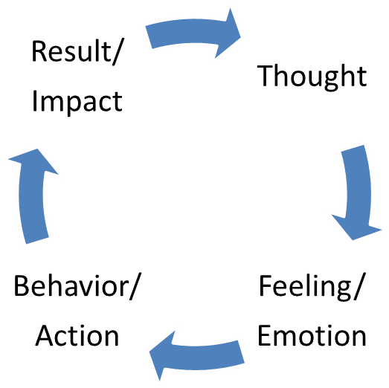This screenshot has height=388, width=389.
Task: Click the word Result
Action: [71, 51]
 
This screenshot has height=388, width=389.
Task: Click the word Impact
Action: [77, 102]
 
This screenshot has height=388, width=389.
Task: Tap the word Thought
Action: [312, 77]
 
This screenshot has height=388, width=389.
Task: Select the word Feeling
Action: [305, 287]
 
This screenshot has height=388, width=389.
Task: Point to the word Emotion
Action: [312, 335]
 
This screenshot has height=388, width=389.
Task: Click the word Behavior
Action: [71, 285]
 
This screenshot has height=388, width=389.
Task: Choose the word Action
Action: [77, 335]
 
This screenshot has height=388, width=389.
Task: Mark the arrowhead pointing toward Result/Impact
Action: [34, 161]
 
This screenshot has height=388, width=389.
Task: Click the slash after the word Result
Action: [118, 51]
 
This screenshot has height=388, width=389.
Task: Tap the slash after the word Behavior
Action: [135, 287]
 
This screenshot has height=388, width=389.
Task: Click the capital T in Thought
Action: [266, 75]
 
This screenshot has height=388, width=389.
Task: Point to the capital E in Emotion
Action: [265, 335]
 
